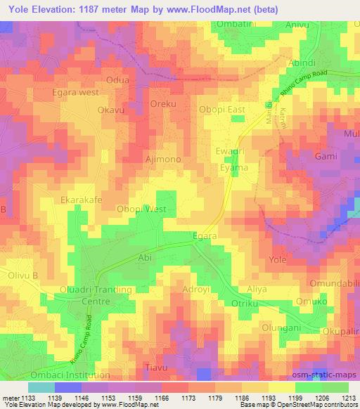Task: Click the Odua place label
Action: [117, 80]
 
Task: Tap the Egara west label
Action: [77, 92]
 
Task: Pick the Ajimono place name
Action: [163, 160]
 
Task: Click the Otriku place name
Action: [246, 304]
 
